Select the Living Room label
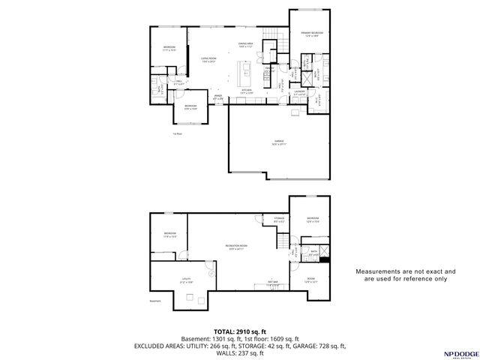208,59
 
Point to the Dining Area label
246,45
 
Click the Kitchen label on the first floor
246,91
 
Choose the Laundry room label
300,94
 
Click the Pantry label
268,68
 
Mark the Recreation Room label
236,247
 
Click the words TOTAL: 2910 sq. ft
239,331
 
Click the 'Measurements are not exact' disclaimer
405,274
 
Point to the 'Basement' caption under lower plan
155,301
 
